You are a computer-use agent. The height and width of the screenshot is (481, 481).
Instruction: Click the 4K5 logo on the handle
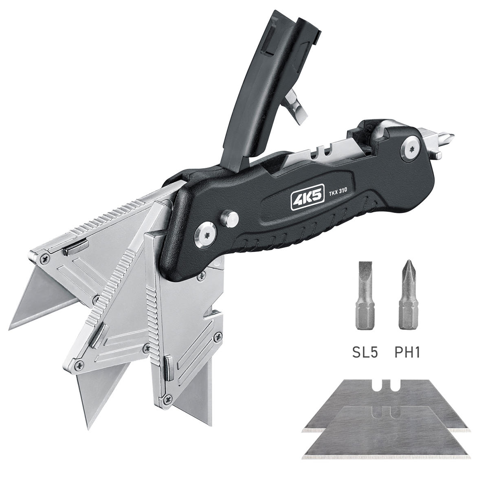[307, 200]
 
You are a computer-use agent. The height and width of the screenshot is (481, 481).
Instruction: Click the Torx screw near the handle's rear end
[411, 149]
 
